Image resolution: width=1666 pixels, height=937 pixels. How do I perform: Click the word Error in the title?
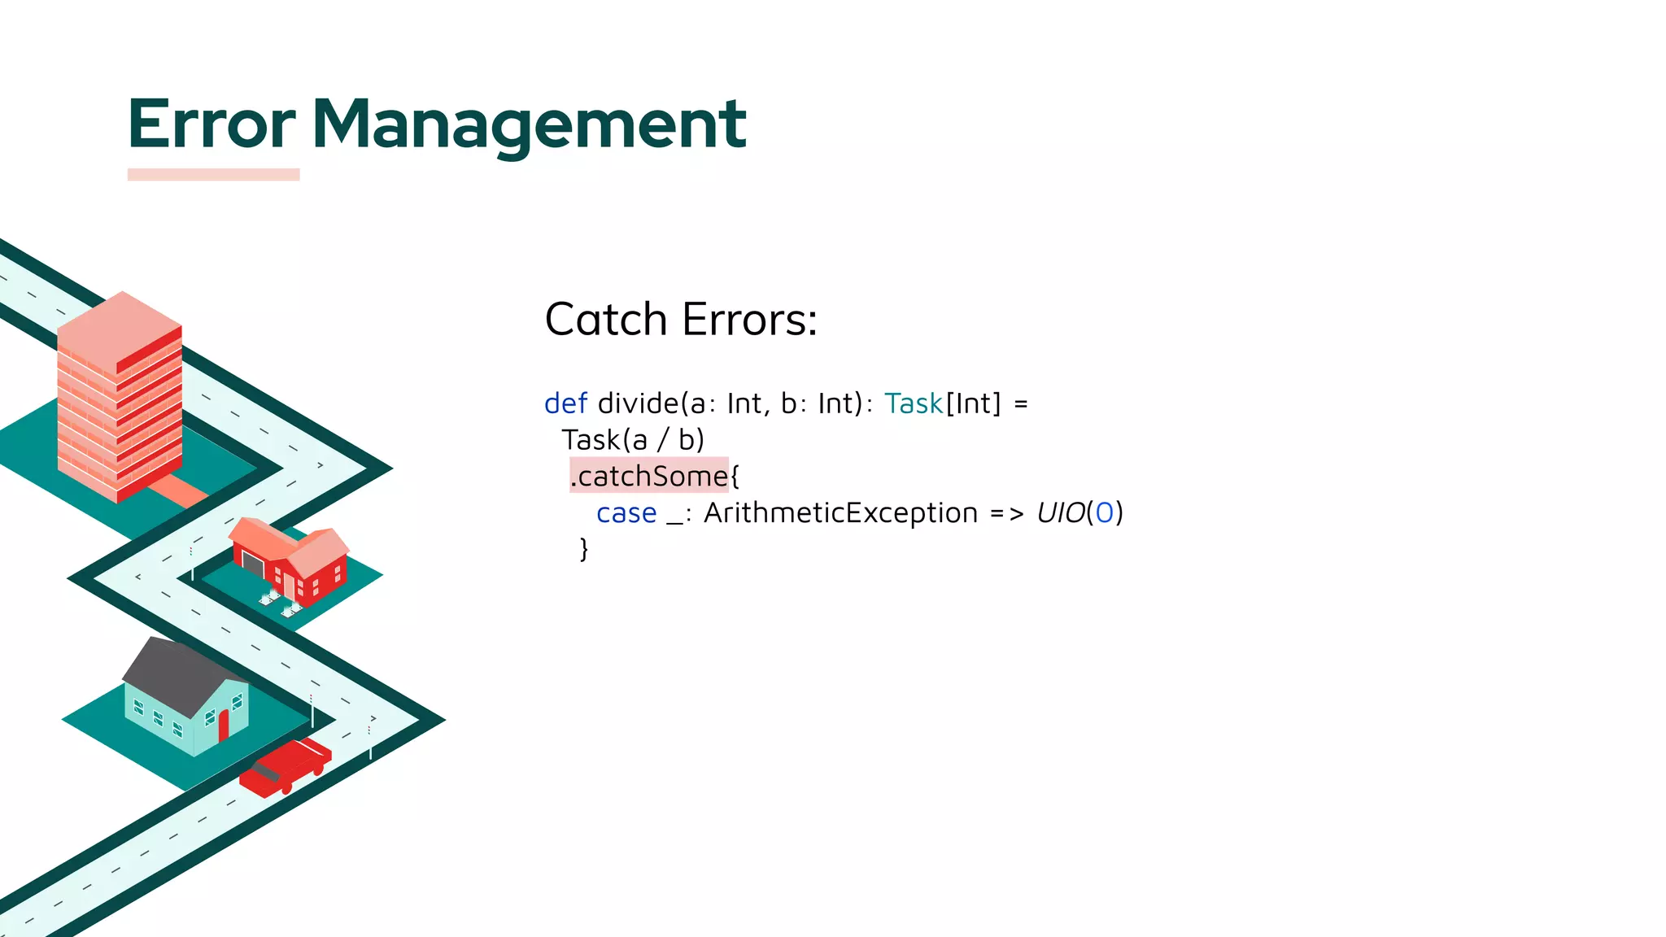coord(212,124)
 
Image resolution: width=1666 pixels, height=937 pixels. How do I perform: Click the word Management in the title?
coord(529,124)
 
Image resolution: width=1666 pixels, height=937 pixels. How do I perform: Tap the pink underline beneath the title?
coord(213,174)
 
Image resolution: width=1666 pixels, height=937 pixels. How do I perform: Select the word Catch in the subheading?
coord(606,319)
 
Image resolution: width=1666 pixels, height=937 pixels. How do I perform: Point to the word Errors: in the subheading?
coord(749,319)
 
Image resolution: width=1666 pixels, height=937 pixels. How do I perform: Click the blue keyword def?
coord(565,403)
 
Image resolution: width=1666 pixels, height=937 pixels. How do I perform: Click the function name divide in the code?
coord(638,403)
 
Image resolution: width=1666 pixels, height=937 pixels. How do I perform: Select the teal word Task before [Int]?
coord(914,403)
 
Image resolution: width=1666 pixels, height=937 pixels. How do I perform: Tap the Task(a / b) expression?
coord(633,440)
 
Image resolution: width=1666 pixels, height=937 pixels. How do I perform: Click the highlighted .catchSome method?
coord(649,476)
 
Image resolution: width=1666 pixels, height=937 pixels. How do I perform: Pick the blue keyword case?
coord(626,513)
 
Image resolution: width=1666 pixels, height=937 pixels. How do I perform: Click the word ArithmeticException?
coord(840,513)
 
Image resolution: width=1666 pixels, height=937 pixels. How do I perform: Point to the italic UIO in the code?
coord(1061,513)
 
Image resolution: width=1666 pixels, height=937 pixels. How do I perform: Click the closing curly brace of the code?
coord(583,549)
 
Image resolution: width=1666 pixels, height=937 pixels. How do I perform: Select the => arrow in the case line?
coord(1007,513)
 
